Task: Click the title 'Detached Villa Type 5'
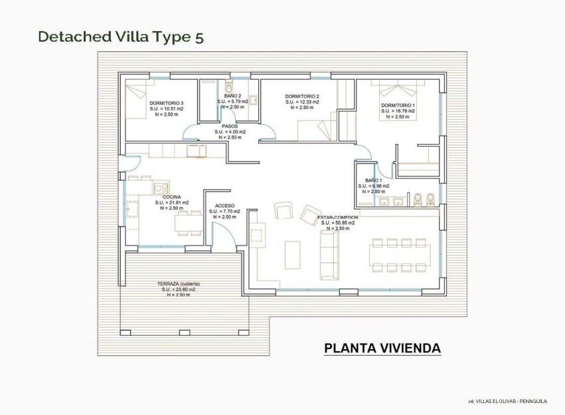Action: [120, 37]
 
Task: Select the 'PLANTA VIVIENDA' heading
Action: [382, 348]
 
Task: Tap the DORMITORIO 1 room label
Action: [398, 106]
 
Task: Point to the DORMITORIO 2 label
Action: [302, 96]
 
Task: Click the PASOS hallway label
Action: [230, 125]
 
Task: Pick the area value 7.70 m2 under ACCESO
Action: [224, 211]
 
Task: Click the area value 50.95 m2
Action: [338, 223]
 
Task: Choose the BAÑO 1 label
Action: [373, 180]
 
